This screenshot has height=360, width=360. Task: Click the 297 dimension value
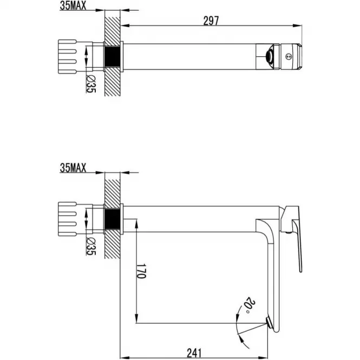click(211, 21)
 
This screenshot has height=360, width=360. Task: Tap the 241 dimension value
click(194, 353)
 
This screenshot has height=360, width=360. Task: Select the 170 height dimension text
click(141, 271)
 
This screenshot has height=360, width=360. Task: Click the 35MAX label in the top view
click(73, 5)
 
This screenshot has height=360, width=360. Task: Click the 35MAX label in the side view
click(73, 168)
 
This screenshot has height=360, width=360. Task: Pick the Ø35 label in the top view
click(91, 84)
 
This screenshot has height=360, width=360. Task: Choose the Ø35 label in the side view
click(91, 246)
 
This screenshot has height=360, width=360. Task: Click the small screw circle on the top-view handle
click(289, 56)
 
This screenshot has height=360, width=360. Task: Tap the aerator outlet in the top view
click(269, 56)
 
